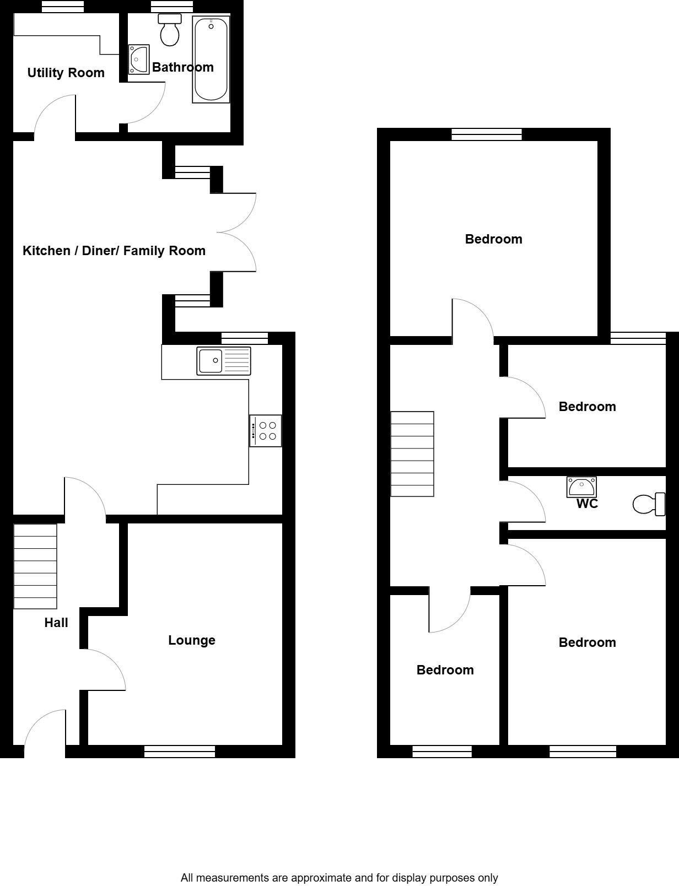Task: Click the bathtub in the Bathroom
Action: (211, 60)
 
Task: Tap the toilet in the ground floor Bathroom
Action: (170, 31)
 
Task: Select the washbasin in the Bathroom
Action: (138, 60)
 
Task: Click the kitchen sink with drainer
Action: (224, 361)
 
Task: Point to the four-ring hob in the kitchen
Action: (266, 431)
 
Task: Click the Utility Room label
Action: (66, 73)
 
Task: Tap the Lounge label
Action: (191, 640)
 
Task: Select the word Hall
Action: (56, 623)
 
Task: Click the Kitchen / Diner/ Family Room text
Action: (114, 251)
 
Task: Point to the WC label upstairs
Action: (587, 504)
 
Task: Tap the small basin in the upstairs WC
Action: (581, 487)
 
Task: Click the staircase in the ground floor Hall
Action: (35, 566)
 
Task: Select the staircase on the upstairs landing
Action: (412, 454)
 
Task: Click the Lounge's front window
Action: (180, 751)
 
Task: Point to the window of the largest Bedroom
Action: (486, 134)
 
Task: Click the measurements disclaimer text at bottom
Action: (339, 878)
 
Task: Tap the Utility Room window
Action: (63, 6)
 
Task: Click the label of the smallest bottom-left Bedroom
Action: (445, 670)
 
